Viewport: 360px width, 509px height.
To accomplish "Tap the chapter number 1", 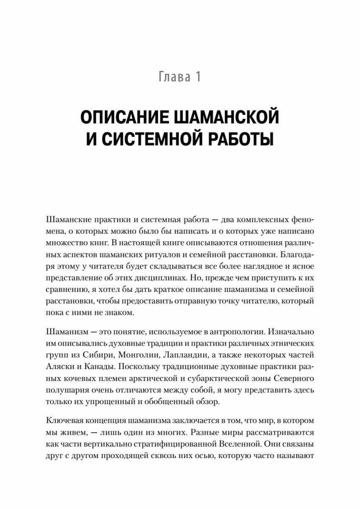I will [197, 78].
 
